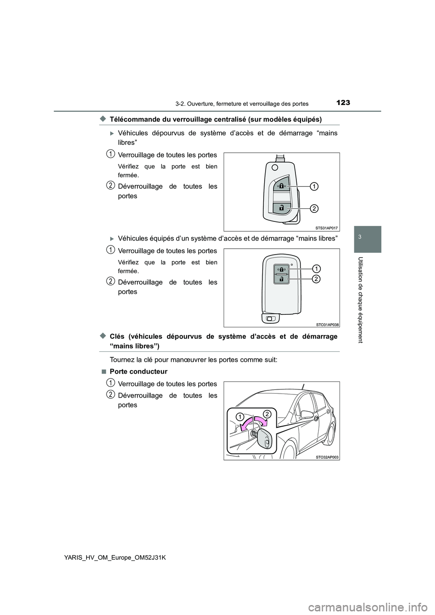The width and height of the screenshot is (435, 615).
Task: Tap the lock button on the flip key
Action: pos(281,186)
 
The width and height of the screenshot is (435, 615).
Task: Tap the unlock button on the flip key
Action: pos(281,208)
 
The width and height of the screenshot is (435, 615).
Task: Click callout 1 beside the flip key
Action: pos(314,186)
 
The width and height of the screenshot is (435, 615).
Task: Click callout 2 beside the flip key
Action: pos(314,208)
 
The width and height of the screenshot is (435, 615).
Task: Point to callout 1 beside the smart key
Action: pos(316,267)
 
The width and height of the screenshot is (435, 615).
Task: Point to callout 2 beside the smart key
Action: pos(316,279)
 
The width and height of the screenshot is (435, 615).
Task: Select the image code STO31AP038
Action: pos(327,324)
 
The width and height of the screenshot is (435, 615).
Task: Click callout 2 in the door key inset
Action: pos(267,413)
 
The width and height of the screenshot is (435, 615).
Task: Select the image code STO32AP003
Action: pos(327,457)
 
